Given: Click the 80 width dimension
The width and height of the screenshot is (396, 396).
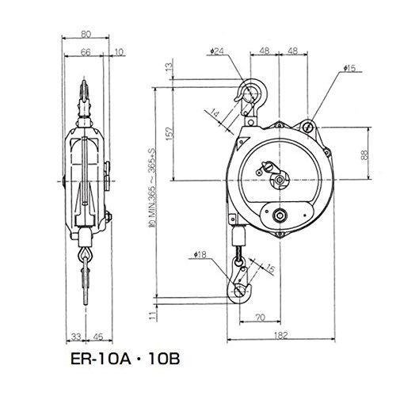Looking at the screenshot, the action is (86, 35).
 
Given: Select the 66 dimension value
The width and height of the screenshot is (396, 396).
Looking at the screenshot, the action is (86, 52).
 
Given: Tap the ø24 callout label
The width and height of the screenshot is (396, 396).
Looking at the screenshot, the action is (217, 51).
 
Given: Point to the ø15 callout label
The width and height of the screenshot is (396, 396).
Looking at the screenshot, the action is (349, 68).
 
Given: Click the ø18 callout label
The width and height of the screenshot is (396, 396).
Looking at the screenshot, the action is (200, 255).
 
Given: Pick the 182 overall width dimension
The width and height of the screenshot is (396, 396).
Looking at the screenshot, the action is (280, 335).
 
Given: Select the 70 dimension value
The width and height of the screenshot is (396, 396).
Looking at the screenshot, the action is (261, 318).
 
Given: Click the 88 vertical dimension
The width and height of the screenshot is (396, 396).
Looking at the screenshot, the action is (364, 155).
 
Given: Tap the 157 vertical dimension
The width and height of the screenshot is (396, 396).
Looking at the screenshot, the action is (169, 134).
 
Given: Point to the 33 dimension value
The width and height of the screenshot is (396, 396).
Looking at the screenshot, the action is (76, 337).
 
